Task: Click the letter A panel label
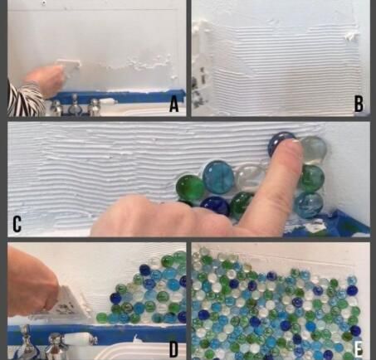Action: pyautogui.click(x=173, y=105)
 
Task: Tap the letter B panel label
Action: pyautogui.click(x=359, y=105)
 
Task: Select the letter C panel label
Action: pyautogui.click(x=17, y=224)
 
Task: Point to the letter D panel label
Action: pyautogui.click(x=173, y=350)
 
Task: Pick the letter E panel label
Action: pyautogui.click(x=359, y=349)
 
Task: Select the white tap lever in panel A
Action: pyautogui.click(x=109, y=101)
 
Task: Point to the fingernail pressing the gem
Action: pyautogui.click(x=295, y=142)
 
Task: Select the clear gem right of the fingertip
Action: pyautogui.click(x=314, y=148)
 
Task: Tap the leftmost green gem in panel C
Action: pyautogui.click(x=190, y=187)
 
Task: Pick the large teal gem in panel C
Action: pyautogui.click(x=218, y=174)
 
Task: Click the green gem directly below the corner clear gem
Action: pyautogui.click(x=311, y=178)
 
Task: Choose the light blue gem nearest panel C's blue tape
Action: pyautogui.click(x=308, y=205)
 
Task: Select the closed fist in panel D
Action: pyautogui.click(x=32, y=282)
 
